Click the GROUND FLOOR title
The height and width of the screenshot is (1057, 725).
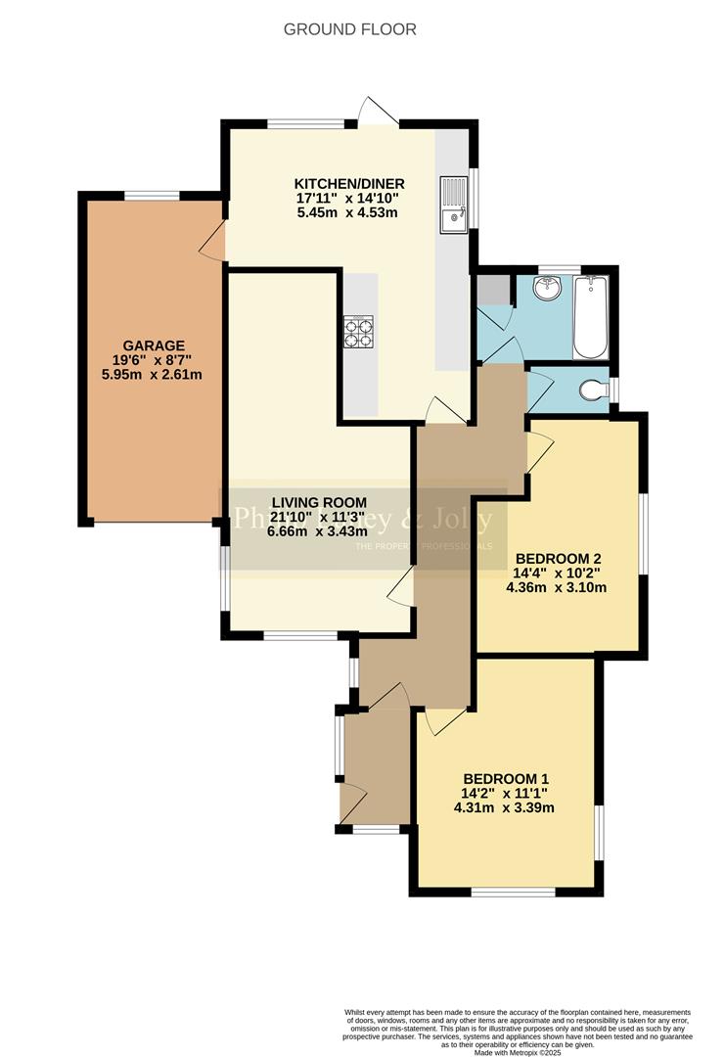(x=349, y=29)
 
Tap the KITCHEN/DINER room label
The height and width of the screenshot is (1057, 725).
(x=349, y=183)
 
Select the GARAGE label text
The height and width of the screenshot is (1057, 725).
(x=155, y=345)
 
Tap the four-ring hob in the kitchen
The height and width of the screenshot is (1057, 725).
(x=359, y=332)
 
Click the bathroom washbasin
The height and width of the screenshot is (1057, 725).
(x=546, y=291)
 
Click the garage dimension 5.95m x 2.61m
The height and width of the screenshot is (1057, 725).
(x=155, y=376)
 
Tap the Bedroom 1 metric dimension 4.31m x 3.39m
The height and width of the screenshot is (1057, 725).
(x=504, y=808)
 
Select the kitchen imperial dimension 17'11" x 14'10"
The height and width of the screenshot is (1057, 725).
(x=349, y=198)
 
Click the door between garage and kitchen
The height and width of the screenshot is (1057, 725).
(x=214, y=242)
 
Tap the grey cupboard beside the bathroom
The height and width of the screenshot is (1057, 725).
(x=493, y=290)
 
